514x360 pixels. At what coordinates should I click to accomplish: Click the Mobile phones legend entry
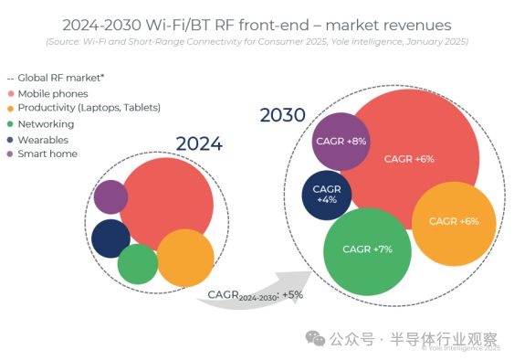(x=54, y=93)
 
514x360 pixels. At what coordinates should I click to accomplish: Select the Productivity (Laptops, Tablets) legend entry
(x=82, y=108)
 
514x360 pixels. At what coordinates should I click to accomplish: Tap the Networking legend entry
(x=48, y=124)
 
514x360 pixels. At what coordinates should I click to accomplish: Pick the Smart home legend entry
(x=48, y=154)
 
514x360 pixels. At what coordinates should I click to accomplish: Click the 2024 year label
(x=199, y=143)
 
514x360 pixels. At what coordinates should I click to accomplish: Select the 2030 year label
(x=282, y=116)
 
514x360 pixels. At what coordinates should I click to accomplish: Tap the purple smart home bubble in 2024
(x=110, y=196)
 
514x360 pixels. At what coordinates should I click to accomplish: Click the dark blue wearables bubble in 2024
(x=110, y=238)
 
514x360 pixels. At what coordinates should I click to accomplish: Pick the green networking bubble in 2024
(x=138, y=264)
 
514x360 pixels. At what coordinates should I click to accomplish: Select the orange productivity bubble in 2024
(x=185, y=258)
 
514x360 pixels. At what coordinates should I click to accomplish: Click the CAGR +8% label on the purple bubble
(x=341, y=142)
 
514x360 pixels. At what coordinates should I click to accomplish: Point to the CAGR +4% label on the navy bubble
(x=327, y=194)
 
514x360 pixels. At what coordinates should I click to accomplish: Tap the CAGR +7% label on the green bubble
(x=367, y=249)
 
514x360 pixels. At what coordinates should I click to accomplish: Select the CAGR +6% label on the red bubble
(x=409, y=158)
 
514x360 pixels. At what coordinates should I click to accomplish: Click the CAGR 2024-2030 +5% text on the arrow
(x=255, y=295)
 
